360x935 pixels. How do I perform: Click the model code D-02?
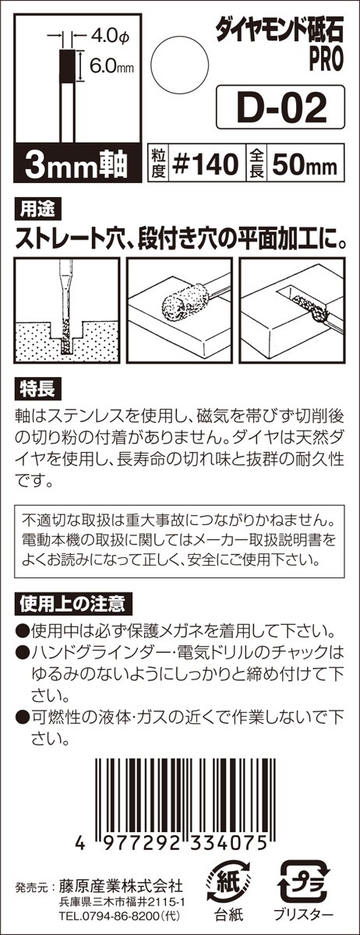coord(281,108)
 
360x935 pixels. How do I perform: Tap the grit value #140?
coord(206,164)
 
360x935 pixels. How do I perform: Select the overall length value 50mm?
coord(305,164)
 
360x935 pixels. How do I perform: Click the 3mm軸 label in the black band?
coord(76,165)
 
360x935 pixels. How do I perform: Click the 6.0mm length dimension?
coord(112,65)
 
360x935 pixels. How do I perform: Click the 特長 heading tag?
coord(37,390)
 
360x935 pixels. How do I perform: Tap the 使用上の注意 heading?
coord(73,604)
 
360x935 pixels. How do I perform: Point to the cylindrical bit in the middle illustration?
coord(182,302)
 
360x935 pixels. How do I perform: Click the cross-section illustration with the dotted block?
coord(67,310)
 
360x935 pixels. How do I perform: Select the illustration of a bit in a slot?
coord(292,310)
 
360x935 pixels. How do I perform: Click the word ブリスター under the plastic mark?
coord(304,912)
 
